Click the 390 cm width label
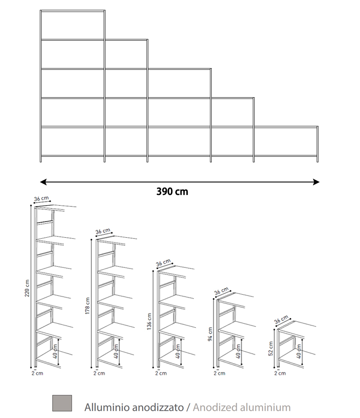coord(172,192)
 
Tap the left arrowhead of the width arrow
coord(43,182)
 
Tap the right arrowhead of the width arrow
coord(316,182)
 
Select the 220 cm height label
coord(27,288)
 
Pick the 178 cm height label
coord(87,306)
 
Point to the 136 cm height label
coord(149,322)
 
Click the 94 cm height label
coord(210,334)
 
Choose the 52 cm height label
coord(271,349)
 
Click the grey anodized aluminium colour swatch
coord(62,403)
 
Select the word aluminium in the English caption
coord(265,408)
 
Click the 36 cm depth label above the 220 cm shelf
coord(42,199)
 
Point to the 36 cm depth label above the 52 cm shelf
coord(281,319)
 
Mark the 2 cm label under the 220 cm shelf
coord(37,373)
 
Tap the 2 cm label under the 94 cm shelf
coord(219,373)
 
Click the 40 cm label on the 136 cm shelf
coord(178,351)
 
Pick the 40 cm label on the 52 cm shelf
coord(299,351)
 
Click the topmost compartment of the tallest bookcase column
coord(72,25)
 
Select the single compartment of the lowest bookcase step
coord(285,141)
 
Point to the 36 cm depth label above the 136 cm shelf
coord(163,263)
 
